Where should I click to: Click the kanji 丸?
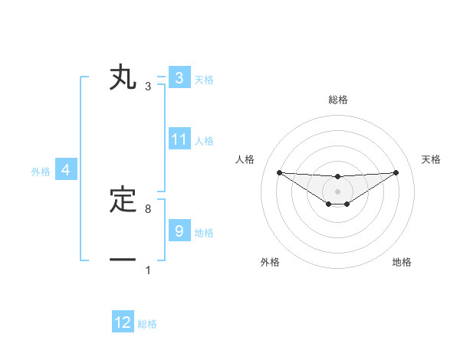pos(123,78)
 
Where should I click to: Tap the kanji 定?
pos(123,201)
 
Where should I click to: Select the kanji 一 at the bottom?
pos(123,260)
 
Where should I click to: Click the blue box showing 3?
pos(179,78)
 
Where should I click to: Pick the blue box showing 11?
pos(179,139)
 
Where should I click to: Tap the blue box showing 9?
pos(179,231)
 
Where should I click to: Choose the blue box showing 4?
pos(66,171)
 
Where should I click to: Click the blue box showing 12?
pos(123,322)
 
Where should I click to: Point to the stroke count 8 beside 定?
pos(148,208)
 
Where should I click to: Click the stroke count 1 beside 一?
pos(148,270)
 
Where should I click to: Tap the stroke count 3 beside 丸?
pos(148,87)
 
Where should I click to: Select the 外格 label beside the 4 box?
pos(41,172)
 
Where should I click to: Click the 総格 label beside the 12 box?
pos(147,324)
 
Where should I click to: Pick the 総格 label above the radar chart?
pos(337,100)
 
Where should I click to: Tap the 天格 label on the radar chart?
pos(432,159)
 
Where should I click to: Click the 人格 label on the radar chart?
pos(245,159)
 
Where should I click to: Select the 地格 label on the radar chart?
pos(402,262)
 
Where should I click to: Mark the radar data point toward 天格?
pos(396,172)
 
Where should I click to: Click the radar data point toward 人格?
pos(279,172)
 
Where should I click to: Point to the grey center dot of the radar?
pos(337,191)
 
